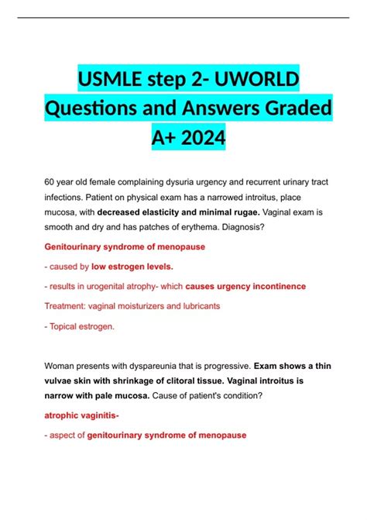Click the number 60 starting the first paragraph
pos(51,181)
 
